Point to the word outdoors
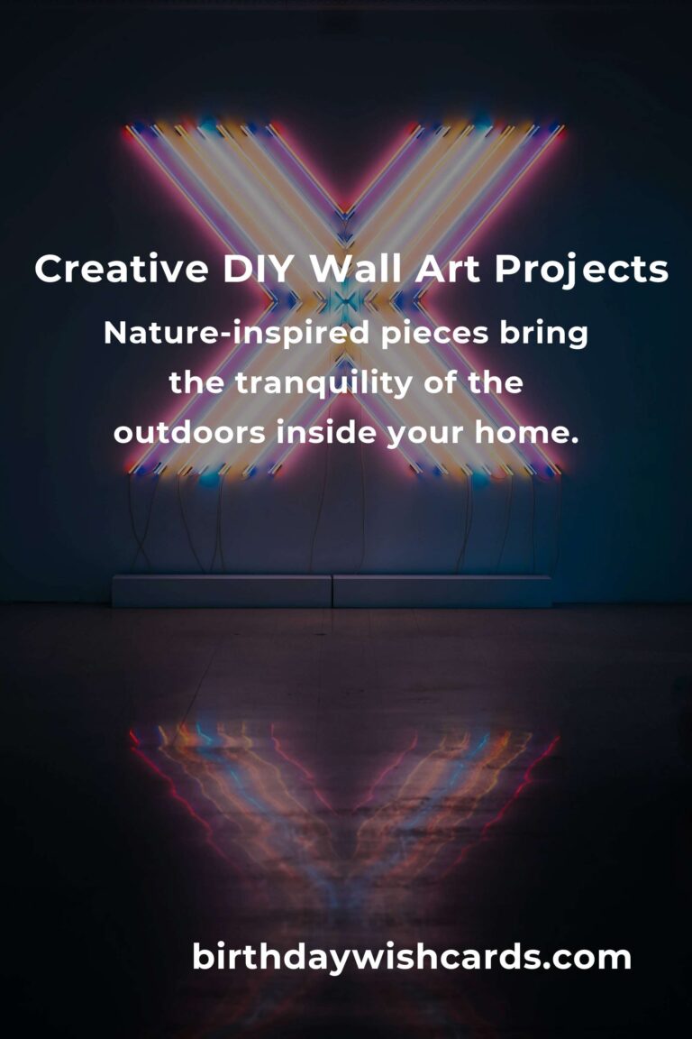[x=189, y=432]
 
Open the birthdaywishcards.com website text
[x=412, y=957]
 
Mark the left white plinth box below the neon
[x=222, y=591]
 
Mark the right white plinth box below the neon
[x=442, y=591]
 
